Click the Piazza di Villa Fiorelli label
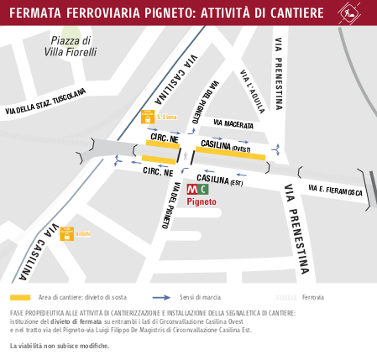click(71, 46)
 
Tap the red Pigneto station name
click(202, 202)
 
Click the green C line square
click(203, 189)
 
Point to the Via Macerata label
click(233, 124)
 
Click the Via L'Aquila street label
click(252, 90)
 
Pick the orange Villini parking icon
click(67, 233)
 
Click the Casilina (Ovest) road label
click(227, 146)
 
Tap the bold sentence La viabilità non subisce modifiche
click(59, 346)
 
